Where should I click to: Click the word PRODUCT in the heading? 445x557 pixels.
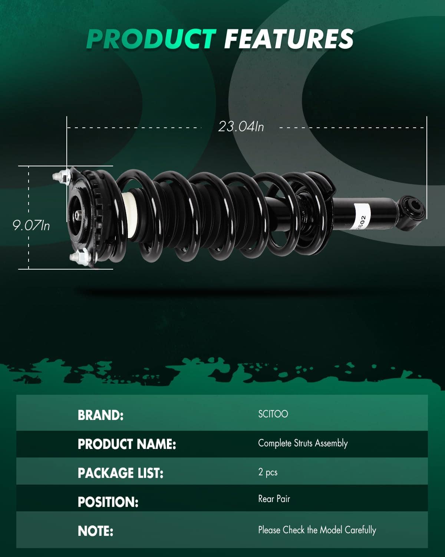tap(151, 39)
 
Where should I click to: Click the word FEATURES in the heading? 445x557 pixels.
tap(289, 39)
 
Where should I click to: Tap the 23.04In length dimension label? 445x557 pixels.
tap(241, 127)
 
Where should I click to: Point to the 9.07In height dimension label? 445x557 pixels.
tap(31, 225)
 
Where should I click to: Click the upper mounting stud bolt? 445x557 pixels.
tap(62, 176)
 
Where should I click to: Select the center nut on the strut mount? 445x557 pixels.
tap(79, 215)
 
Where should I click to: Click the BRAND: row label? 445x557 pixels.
tap(100, 415)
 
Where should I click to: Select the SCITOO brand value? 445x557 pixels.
tap(273, 414)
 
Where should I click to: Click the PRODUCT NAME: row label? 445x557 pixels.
tap(127, 444)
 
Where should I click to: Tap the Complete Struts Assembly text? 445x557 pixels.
tap(303, 443)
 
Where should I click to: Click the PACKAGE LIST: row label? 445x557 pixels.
tap(121, 473)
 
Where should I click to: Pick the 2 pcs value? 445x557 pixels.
tap(268, 472)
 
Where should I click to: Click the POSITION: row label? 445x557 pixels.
tap(108, 502)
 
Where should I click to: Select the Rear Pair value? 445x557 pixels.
tap(274, 499)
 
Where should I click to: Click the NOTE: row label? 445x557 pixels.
tap(95, 531)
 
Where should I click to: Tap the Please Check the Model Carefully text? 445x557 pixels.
tap(317, 530)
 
